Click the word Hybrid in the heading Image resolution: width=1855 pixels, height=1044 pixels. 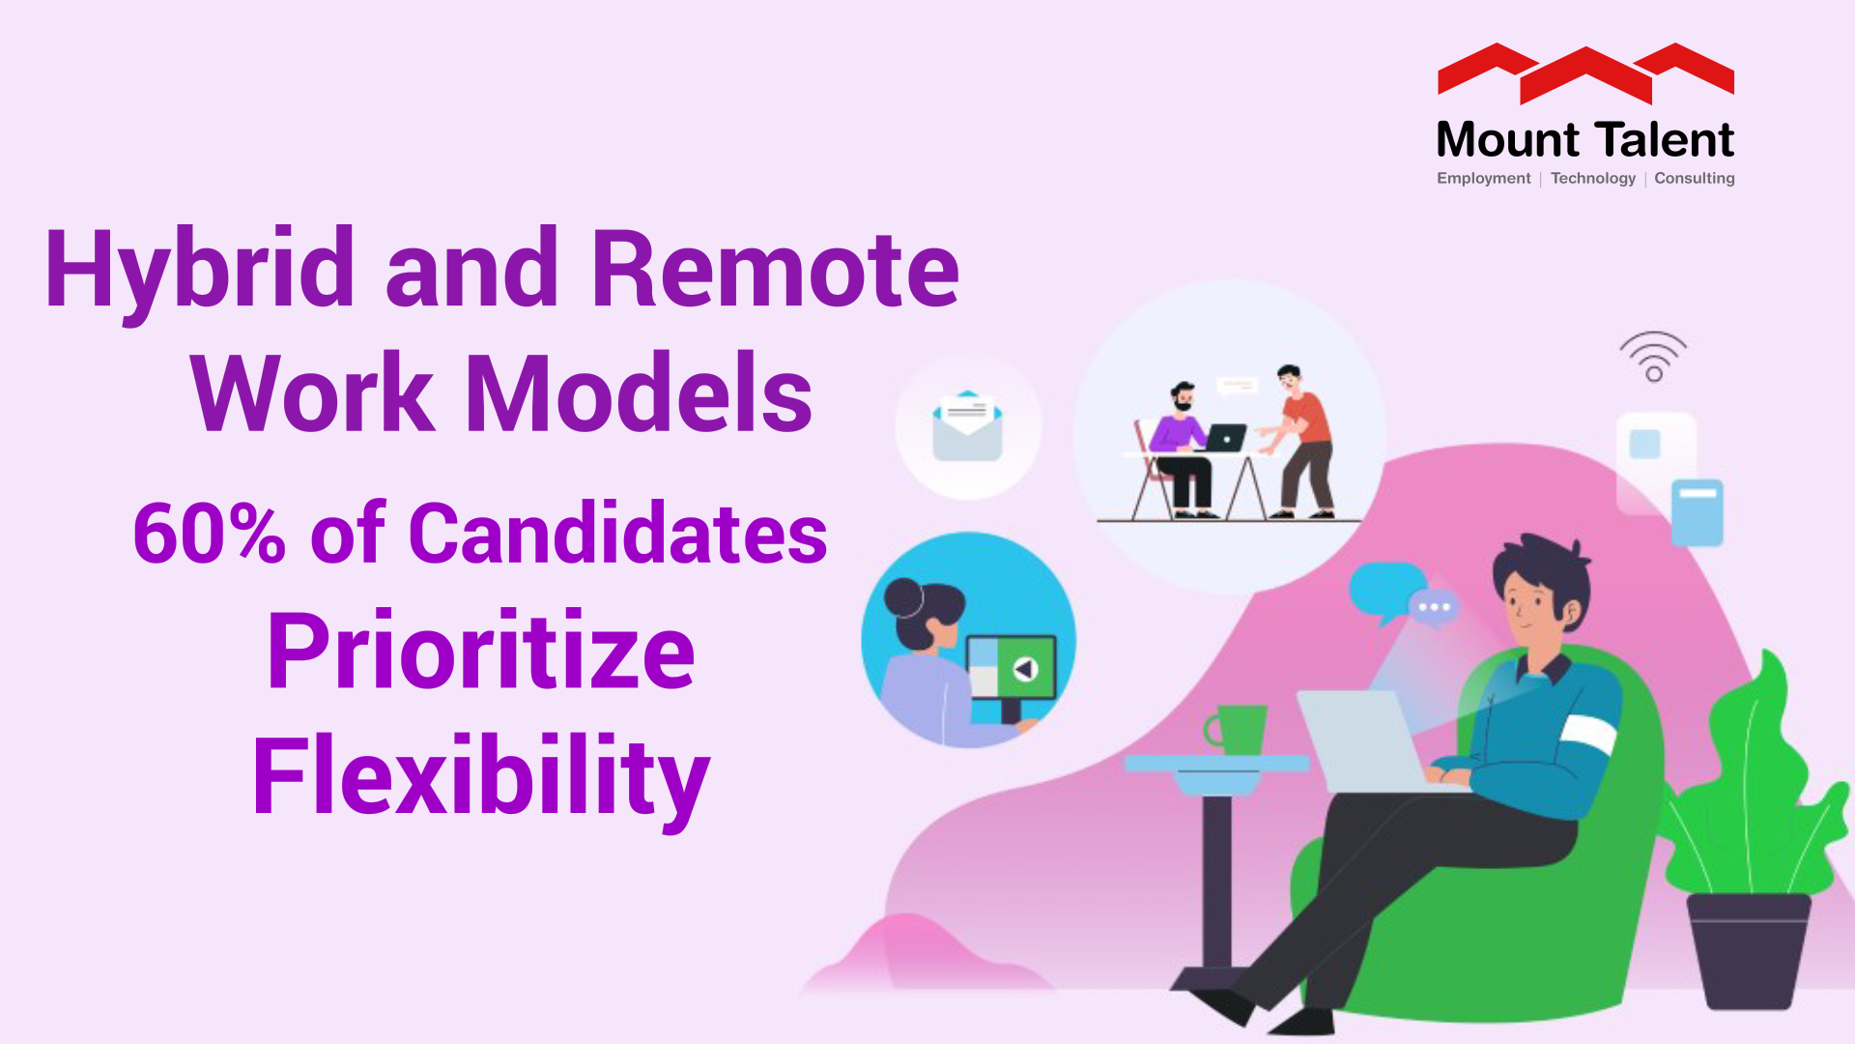point(199,271)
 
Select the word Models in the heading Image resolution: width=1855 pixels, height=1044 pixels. point(639,393)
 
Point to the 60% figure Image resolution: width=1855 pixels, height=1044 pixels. point(209,534)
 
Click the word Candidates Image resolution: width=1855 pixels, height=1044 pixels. point(618,534)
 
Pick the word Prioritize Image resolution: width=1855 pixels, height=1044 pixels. point(480,652)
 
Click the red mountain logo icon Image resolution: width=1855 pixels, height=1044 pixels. point(1585,72)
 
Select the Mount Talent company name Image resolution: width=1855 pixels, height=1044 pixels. point(1584,140)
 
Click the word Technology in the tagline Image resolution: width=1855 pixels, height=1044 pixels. point(1592,178)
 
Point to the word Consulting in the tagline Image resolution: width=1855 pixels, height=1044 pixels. point(1694,178)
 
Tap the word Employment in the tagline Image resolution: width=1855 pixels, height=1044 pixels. point(1483,178)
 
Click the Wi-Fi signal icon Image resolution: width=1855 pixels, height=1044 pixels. point(1653,357)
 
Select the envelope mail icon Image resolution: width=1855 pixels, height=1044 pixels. point(967,426)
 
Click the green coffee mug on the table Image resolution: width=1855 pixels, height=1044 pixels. point(1238,729)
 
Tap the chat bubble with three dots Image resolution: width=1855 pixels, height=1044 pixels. point(1434,607)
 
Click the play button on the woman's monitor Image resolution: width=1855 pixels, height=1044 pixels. point(1024,668)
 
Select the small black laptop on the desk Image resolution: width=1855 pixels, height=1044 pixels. point(1225,438)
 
